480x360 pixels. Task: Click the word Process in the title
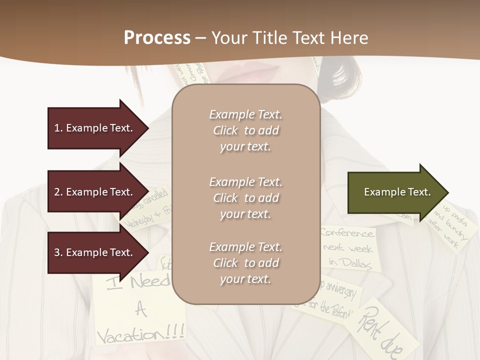point(157,38)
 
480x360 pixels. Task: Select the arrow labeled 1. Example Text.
point(95,128)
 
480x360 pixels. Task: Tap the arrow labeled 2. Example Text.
point(95,192)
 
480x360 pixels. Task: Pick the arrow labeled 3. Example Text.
point(95,252)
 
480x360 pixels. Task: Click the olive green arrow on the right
point(395,192)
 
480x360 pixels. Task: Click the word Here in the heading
point(348,38)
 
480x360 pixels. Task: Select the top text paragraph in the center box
point(245,130)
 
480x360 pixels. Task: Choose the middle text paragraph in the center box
point(245,198)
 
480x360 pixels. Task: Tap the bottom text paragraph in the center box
point(245,263)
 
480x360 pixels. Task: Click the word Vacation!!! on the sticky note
point(140,333)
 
